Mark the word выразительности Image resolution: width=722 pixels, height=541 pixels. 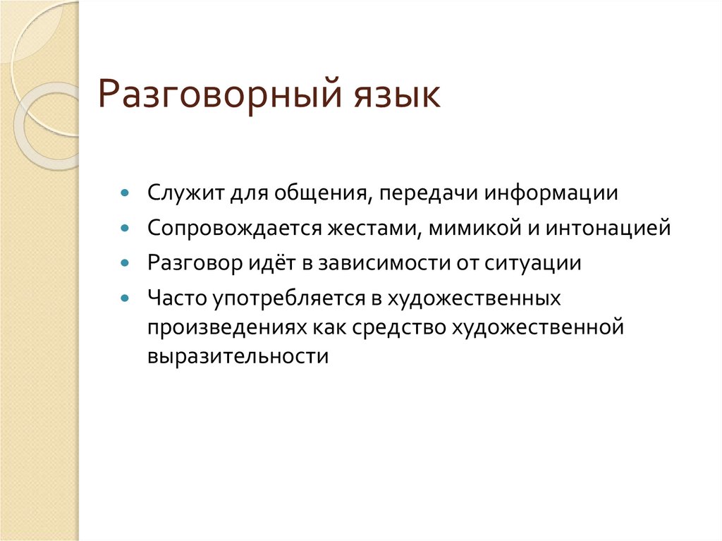tap(238, 355)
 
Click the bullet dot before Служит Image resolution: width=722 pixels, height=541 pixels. tap(125, 193)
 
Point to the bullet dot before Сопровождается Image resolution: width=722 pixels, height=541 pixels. tap(125, 228)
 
